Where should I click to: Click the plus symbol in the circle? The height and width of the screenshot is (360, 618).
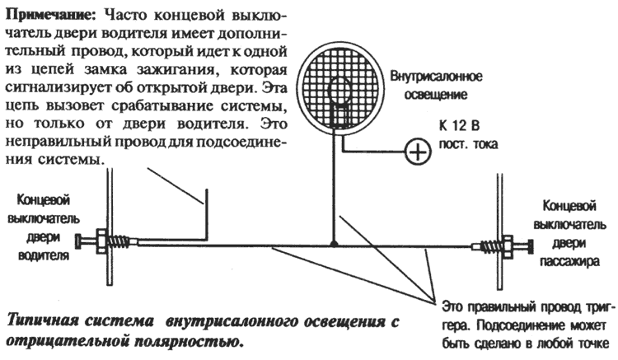click(418, 152)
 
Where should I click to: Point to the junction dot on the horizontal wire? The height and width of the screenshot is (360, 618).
click(333, 244)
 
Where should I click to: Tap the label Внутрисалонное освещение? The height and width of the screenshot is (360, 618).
click(436, 85)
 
